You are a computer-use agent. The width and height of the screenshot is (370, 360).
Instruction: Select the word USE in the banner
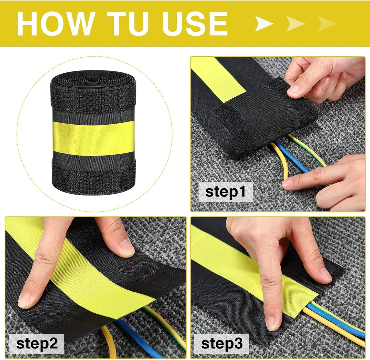195,23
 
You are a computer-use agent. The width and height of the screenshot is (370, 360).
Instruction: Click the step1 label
226,192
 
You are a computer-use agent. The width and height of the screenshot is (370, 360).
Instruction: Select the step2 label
37,344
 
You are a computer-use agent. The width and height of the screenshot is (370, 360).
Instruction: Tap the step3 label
222,344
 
